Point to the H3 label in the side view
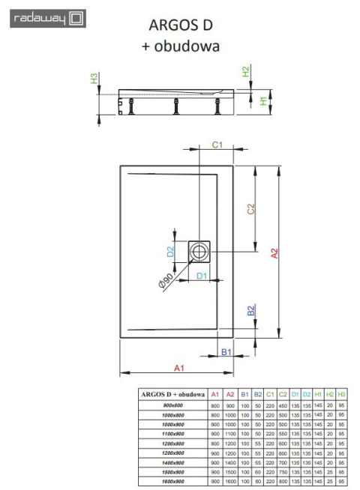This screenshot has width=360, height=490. point(94,79)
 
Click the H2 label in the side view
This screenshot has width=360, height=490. point(245,72)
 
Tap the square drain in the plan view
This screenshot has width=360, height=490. point(200,252)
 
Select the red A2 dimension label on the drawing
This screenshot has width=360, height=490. point(275,253)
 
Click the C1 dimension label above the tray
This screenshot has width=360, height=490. point(216,144)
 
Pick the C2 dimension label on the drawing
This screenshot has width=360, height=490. point(252,211)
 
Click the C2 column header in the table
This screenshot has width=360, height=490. point(282,393)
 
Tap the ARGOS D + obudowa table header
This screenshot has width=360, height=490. point(173,393)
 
